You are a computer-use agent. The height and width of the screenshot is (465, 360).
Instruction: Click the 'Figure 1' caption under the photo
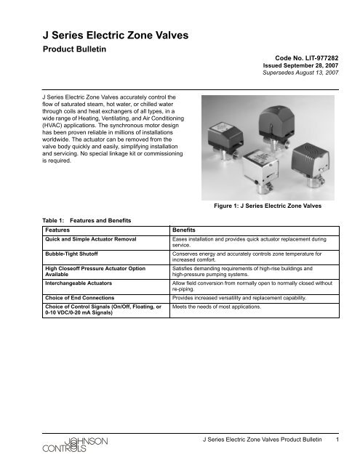click(271, 206)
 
